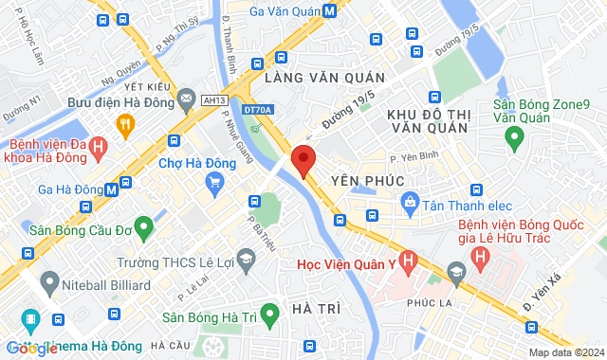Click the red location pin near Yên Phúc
pos(303,159)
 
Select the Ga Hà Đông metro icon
pos(112,189)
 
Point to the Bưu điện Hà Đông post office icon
pos(187,99)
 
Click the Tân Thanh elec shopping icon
pos(409,201)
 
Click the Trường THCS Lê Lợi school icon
pos(246,259)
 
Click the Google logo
pos(30,348)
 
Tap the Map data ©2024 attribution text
pos(565,352)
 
